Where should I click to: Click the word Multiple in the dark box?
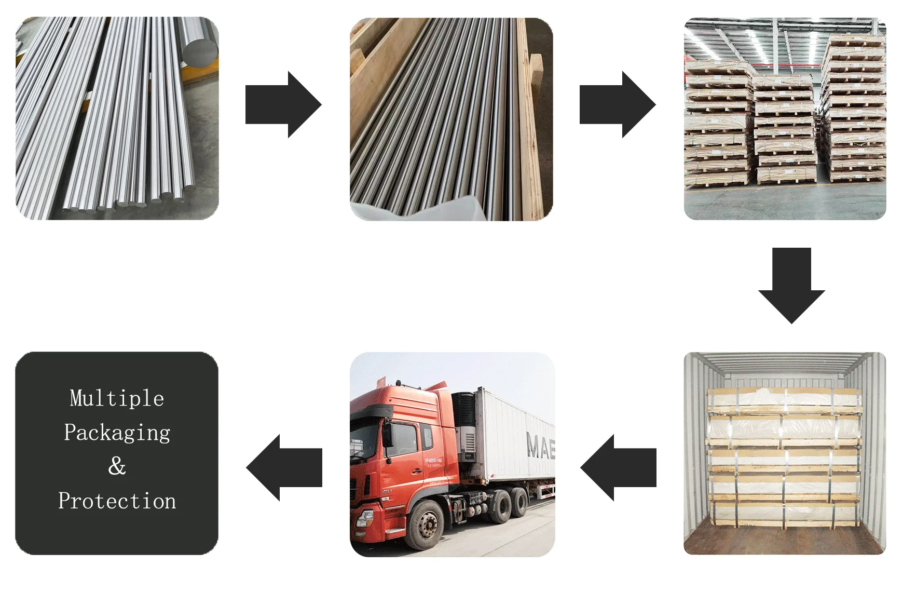coord(117,398)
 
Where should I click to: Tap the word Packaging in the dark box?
coord(117,433)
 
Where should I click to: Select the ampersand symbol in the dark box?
coord(117,466)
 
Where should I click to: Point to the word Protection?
coord(117,501)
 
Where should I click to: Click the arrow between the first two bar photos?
coord(283,104)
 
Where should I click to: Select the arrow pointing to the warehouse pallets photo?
coord(617,104)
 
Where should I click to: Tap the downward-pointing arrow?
coord(791,286)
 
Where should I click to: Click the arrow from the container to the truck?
coord(618,467)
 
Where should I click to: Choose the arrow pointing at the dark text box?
coord(284,467)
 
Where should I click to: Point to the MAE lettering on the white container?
coord(540,446)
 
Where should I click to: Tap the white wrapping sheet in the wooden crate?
coord(415,210)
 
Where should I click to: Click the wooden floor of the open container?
coord(784,540)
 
